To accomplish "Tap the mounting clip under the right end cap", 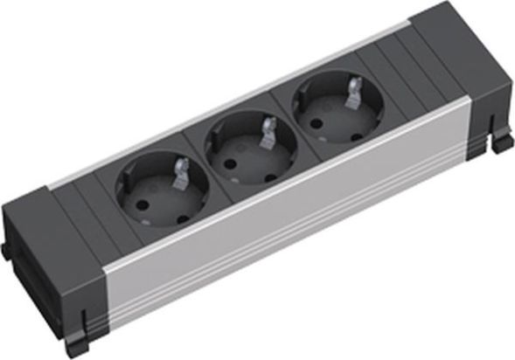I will click(x=501, y=141).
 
